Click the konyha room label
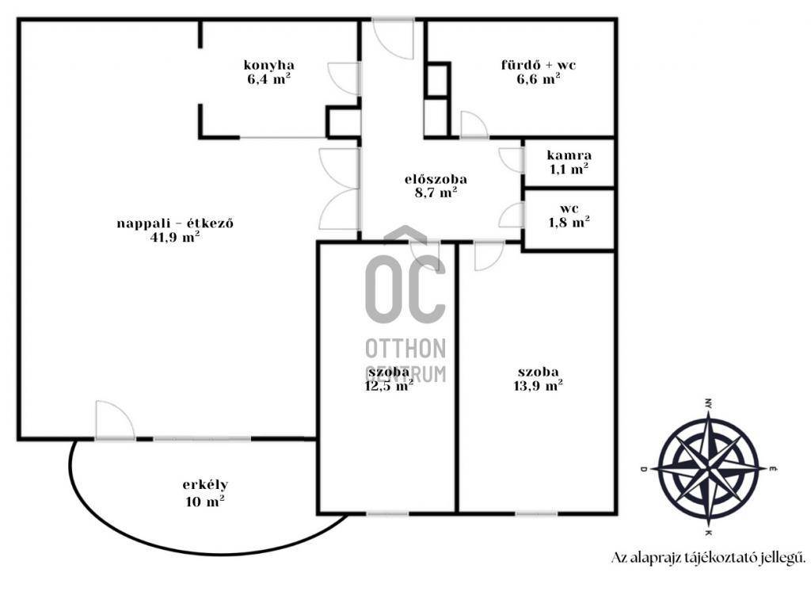click(269, 65)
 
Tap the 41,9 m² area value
click(175, 237)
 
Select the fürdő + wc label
click(539, 65)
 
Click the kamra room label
click(569, 155)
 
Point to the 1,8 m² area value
click(569, 223)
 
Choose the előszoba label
click(436, 180)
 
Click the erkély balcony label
click(205, 486)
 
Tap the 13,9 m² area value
click(538, 386)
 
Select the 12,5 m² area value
click(389, 386)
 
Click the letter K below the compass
click(707, 533)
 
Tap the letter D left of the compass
click(643, 469)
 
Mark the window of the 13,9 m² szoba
click(536, 513)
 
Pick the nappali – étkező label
click(175, 223)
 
